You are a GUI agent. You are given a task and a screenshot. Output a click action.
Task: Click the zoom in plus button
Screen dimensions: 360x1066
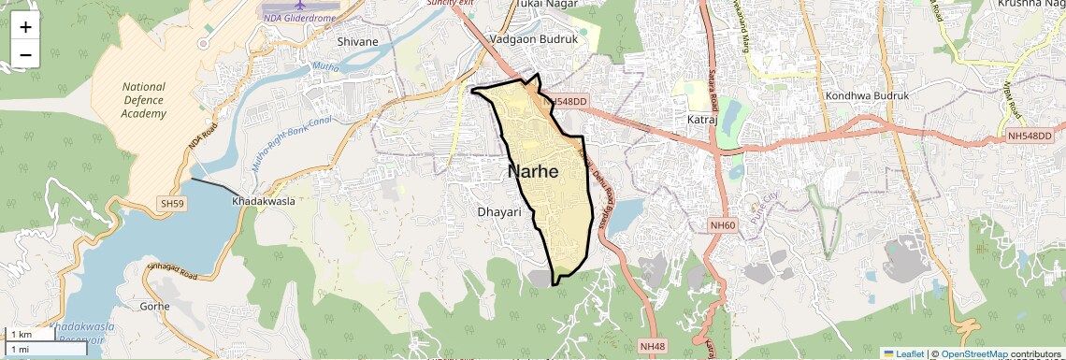click(25, 27)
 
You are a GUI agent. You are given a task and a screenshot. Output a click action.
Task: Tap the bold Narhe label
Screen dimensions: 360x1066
click(533, 172)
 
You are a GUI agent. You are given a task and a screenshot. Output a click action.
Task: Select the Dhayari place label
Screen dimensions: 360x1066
click(498, 212)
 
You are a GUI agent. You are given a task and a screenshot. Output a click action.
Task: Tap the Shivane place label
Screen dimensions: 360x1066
click(358, 41)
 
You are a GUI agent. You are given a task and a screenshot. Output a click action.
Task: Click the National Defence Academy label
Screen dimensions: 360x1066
click(143, 100)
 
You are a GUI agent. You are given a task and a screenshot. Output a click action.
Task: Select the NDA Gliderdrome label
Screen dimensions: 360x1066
click(300, 16)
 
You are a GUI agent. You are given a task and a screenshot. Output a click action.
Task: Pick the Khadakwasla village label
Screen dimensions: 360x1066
click(264, 202)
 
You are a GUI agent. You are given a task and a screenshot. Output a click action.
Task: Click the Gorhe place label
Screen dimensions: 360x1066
click(154, 306)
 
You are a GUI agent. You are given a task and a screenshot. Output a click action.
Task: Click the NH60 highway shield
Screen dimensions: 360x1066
click(722, 224)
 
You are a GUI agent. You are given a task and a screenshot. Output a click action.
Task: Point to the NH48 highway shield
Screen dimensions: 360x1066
click(653, 346)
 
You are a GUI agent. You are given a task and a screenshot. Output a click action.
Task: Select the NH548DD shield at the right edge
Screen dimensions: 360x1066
click(1030, 136)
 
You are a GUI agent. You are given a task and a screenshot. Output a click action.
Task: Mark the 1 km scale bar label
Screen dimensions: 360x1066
click(22, 335)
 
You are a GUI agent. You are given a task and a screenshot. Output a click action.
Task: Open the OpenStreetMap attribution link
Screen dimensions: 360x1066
click(973, 353)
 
